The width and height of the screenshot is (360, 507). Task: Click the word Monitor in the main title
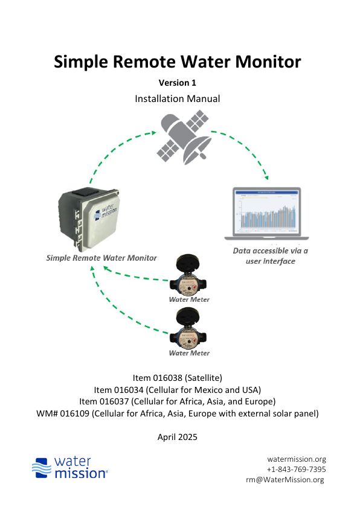tap(268, 62)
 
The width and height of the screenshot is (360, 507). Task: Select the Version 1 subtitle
tap(177, 83)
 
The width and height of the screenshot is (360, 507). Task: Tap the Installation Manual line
tap(177, 98)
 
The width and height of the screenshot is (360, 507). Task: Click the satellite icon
tap(184, 137)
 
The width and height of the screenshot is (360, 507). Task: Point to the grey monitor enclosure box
tap(89, 220)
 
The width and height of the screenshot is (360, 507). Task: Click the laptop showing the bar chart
tap(267, 214)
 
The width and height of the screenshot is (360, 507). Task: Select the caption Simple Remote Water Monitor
tap(101, 258)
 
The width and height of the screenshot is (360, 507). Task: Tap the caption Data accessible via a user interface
tap(270, 256)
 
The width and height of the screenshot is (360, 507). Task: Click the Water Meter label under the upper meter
tap(189, 299)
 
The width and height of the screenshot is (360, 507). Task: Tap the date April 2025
tap(177, 437)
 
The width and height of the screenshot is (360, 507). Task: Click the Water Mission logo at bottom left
tap(70, 468)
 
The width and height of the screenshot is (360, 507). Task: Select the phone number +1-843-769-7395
tap(296, 469)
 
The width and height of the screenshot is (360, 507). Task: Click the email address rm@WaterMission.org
tap(284, 479)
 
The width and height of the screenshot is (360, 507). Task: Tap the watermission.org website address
tap(297, 459)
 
